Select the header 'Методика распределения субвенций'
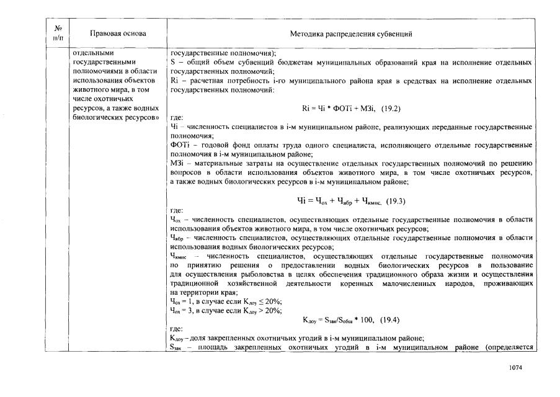pyautogui.click(x=351, y=33)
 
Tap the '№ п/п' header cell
pyautogui.click(x=57, y=33)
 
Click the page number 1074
pyautogui.click(x=515, y=368)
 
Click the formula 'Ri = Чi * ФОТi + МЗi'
pyautogui.click(x=340, y=108)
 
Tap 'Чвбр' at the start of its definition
pyautogui.click(x=177, y=238)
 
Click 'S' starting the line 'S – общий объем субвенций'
pyautogui.click(x=172, y=62)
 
